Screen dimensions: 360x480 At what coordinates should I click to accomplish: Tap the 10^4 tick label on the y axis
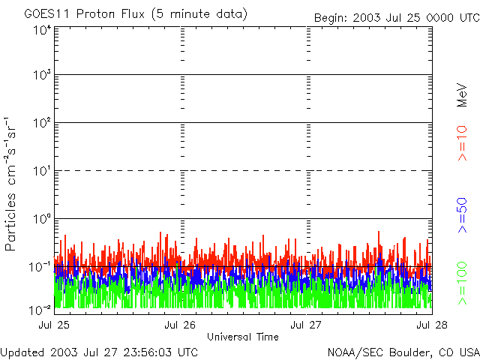(x=42, y=30)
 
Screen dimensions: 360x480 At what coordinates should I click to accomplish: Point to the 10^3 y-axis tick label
(x=42, y=76)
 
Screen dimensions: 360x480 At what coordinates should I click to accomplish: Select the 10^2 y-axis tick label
(x=42, y=124)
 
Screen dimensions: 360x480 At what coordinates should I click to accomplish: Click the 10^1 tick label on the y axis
(x=42, y=172)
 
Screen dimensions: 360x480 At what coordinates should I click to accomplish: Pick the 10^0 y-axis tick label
(x=42, y=220)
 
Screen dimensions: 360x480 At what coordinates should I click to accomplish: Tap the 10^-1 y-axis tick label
(x=40, y=267)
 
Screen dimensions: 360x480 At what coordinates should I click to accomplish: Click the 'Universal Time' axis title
(x=243, y=337)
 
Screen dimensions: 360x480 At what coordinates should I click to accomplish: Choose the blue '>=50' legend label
(x=463, y=214)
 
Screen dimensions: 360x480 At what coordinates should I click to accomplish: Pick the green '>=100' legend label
(x=463, y=282)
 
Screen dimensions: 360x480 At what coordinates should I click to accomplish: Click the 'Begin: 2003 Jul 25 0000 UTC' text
(x=395, y=16)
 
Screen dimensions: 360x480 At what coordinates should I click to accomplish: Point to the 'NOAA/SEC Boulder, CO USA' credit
(x=403, y=352)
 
